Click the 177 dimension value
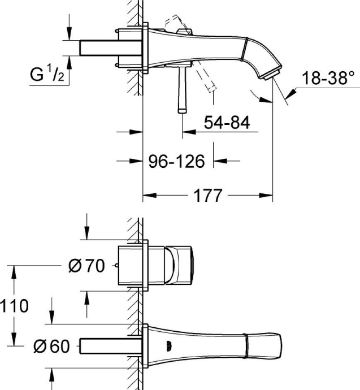click(x=207, y=196)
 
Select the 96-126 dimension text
click(x=176, y=162)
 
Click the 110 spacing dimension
click(x=14, y=306)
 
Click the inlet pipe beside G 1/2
click(x=99, y=47)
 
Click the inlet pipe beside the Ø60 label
click(x=110, y=345)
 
